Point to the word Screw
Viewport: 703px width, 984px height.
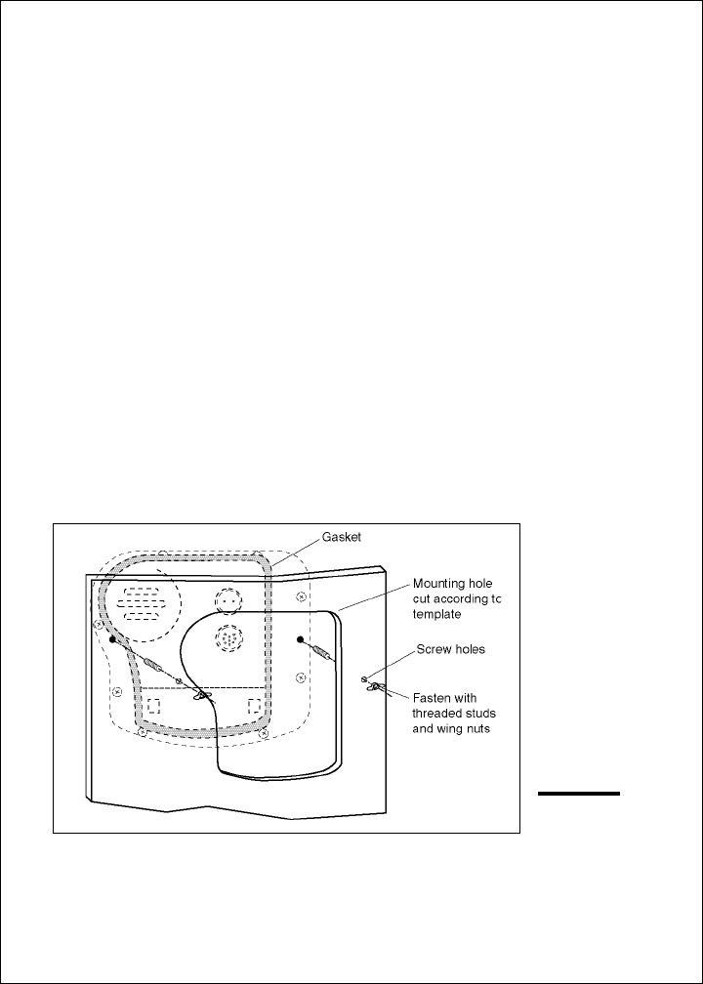(x=433, y=648)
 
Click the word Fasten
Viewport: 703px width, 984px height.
(x=434, y=698)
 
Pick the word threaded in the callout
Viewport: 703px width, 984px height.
(x=440, y=713)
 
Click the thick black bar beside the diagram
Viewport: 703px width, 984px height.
(x=579, y=795)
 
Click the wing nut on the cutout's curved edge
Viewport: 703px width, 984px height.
(x=201, y=695)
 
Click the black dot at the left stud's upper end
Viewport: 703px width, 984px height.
(x=113, y=639)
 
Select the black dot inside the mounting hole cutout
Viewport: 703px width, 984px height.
(x=301, y=639)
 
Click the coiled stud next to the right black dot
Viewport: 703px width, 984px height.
(x=321, y=650)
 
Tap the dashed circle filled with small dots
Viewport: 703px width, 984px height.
(x=230, y=639)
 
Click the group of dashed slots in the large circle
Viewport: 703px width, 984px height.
(x=141, y=603)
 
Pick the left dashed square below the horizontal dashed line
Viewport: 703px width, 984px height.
(x=152, y=706)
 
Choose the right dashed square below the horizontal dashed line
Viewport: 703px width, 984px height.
(x=254, y=705)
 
